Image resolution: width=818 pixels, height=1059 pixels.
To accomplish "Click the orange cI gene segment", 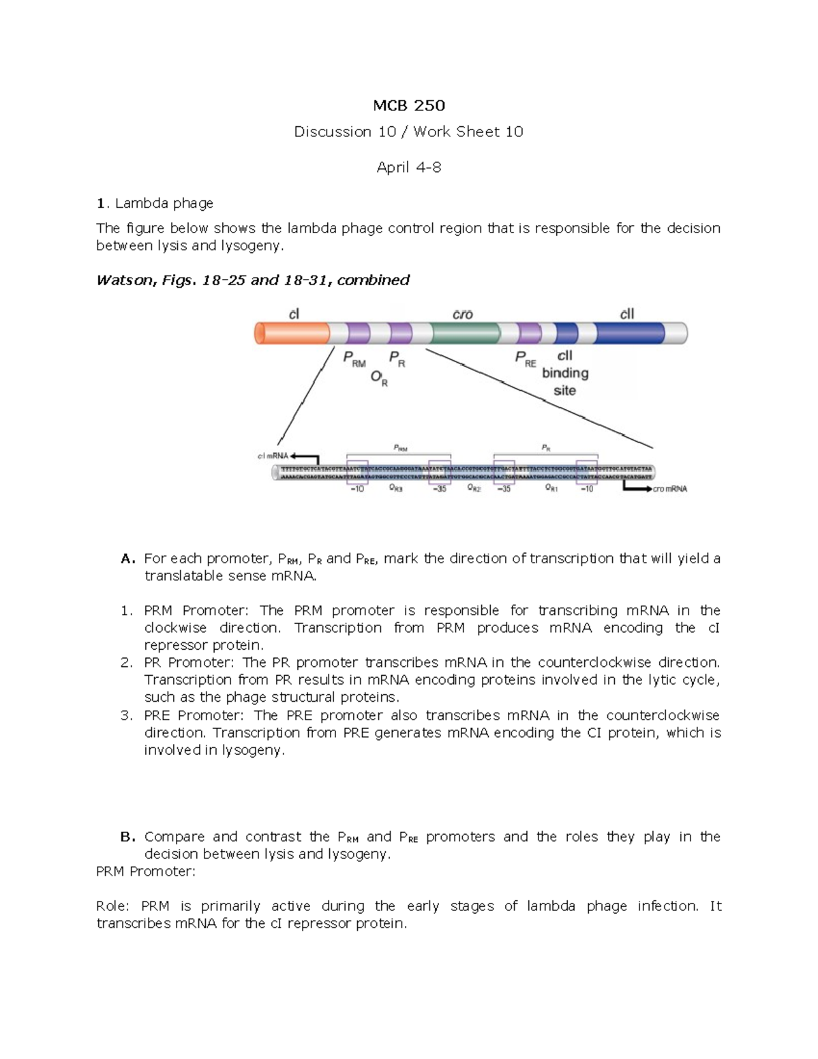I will click(292, 333).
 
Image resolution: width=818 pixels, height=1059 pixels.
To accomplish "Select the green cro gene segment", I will click(465, 333).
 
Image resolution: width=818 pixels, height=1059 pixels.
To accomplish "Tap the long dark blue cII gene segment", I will click(629, 333).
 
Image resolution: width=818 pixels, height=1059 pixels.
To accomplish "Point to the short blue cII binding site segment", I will click(566, 333).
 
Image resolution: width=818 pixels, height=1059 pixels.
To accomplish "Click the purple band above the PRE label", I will click(529, 333).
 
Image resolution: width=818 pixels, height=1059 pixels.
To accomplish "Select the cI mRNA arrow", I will click(304, 457).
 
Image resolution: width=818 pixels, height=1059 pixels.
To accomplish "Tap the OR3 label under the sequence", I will click(395, 489).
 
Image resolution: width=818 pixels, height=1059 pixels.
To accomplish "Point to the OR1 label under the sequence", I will click(551, 489).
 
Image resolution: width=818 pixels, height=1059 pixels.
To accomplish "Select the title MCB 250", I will click(408, 105).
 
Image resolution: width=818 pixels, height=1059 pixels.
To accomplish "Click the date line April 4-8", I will click(408, 167).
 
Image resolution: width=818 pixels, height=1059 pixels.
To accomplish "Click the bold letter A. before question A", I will click(128, 558).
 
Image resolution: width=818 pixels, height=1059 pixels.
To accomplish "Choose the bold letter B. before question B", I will click(128, 837).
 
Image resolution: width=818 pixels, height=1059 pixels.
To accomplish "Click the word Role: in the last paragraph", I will click(113, 906).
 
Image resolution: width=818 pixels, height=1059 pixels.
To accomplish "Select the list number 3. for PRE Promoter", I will click(126, 715).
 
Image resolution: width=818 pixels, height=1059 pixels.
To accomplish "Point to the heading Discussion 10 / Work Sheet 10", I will click(408, 132).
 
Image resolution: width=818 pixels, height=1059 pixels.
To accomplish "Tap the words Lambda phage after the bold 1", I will click(164, 203).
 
